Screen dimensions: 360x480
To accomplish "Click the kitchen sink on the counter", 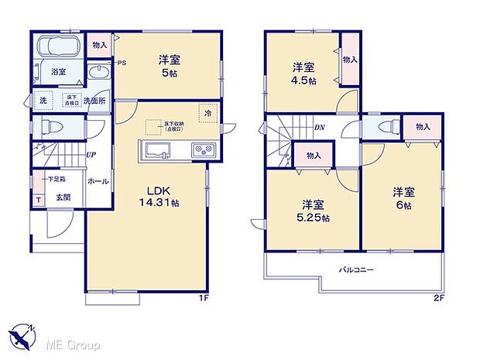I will pyautogui.click(x=158, y=149).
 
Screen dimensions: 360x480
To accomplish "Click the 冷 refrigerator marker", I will pyautogui.click(x=207, y=113).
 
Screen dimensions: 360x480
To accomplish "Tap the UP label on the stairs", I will pyautogui.click(x=91, y=153).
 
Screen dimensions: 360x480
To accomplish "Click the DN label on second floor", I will pyautogui.click(x=319, y=129).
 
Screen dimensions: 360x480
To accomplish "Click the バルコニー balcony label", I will pyautogui.click(x=357, y=271).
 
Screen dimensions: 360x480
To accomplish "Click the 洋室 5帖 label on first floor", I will pyautogui.click(x=170, y=65).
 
